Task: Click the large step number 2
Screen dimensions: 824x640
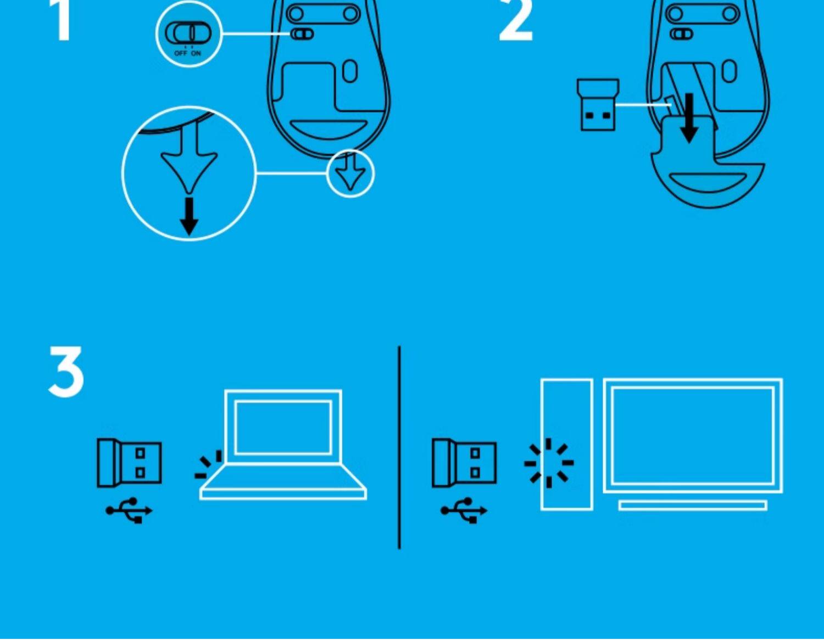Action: click(515, 21)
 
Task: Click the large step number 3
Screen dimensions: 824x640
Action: click(66, 372)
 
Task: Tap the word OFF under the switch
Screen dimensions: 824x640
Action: click(181, 53)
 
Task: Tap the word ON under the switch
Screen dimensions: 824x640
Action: click(196, 53)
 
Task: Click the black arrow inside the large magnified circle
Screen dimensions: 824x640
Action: click(189, 216)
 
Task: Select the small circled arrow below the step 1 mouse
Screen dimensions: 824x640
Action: click(350, 173)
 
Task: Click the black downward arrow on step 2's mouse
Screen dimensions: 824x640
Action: click(689, 119)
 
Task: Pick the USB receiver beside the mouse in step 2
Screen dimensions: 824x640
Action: click(598, 105)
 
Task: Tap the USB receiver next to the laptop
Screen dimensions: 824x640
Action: click(129, 463)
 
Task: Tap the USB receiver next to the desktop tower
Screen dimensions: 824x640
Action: click(464, 463)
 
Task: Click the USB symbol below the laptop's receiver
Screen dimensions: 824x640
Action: click(130, 510)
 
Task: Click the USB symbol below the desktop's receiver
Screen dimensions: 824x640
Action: click(464, 510)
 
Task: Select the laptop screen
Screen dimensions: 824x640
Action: click(283, 427)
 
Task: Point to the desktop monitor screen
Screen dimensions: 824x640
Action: click(693, 435)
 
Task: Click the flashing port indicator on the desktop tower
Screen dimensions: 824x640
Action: click(549, 463)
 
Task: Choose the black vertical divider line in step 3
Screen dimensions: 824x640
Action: click(399, 447)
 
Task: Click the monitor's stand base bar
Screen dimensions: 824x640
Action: click(692, 505)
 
